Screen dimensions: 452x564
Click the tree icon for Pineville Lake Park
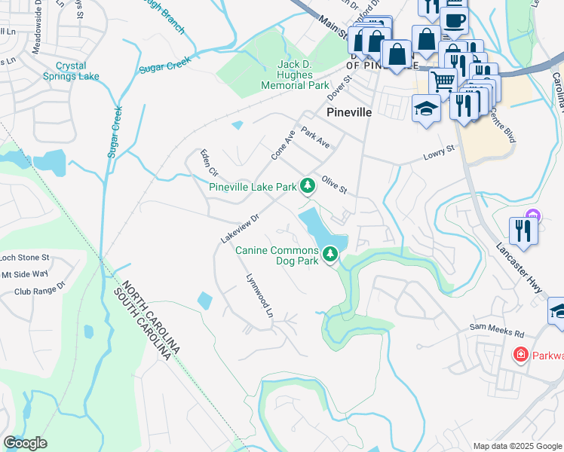coord(307,185)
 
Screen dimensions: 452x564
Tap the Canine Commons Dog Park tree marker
coord(330,255)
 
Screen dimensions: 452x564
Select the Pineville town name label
coord(349,111)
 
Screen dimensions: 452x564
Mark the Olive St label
coord(333,185)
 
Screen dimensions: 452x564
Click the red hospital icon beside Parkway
coord(520,354)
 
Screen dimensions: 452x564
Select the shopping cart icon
coord(443,79)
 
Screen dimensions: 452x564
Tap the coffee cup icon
coord(455,20)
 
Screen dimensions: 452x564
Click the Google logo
coord(25,442)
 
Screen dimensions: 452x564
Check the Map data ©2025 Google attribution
coord(516,445)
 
